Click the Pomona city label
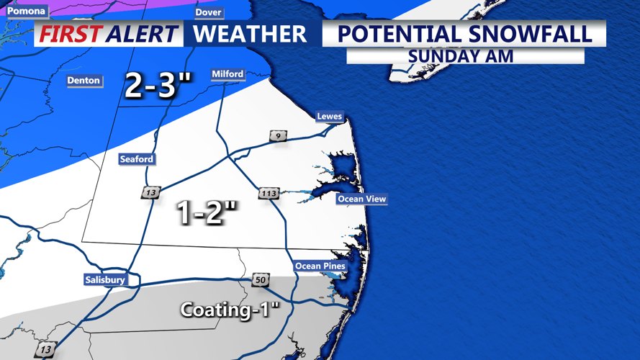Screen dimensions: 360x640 pos(26,11)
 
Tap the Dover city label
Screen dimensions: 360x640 pos(209,13)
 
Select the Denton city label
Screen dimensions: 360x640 pos(84,81)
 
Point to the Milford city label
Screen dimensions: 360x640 pos(227,74)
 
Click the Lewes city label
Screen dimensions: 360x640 pos(329,117)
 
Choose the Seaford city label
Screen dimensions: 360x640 pos(137,159)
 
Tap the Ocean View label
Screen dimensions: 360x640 pos(361,199)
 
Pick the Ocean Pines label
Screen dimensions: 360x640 pos(320,266)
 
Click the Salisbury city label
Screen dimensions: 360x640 pos(105,280)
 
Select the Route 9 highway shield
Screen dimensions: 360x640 pos(278,136)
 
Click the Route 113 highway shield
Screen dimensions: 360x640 pos(269,194)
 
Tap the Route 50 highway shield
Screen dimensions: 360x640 pos(260,280)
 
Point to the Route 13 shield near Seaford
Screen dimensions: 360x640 pos(151,193)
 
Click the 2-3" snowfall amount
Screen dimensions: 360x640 pos(158,86)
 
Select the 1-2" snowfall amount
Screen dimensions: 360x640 pos(207,212)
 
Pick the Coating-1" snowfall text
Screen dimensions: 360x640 pos(230,310)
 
